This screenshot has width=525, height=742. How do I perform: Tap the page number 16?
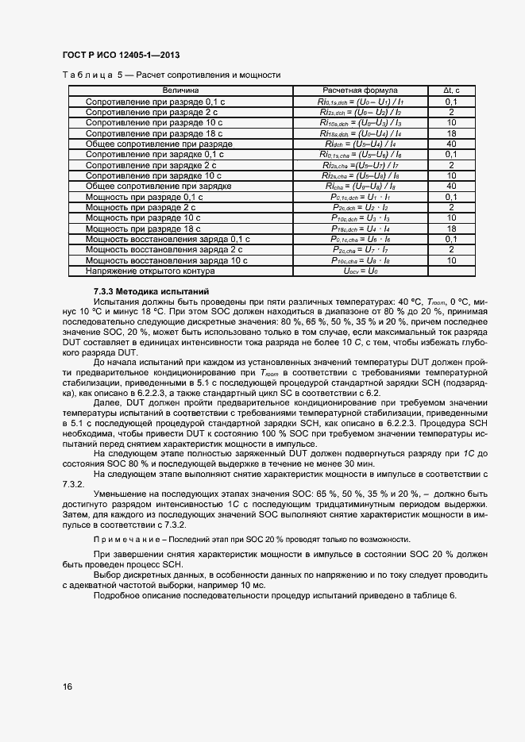(x=68, y=686)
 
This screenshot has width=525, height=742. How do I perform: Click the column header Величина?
(x=181, y=91)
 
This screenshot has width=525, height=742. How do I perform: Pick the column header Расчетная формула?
(x=360, y=91)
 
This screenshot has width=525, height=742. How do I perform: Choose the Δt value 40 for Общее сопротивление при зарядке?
(x=450, y=186)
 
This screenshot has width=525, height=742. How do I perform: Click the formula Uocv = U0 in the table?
(x=360, y=270)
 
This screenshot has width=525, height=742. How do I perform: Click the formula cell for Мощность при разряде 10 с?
(x=360, y=217)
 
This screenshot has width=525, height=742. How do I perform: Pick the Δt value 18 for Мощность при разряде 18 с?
(x=450, y=228)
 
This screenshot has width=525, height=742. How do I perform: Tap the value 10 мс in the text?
(x=253, y=585)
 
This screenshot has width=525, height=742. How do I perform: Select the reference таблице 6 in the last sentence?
(x=431, y=596)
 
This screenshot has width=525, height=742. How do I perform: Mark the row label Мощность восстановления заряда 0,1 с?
(x=167, y=238)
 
